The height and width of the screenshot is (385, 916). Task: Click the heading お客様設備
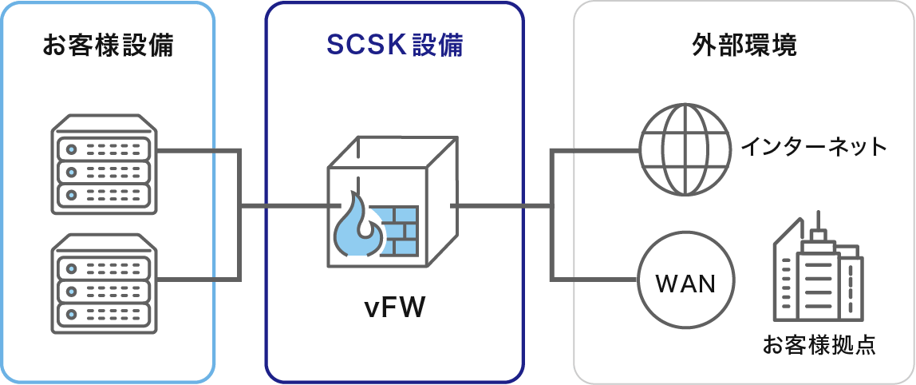pos(108,46)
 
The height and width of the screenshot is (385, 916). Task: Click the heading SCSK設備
pos(394,46)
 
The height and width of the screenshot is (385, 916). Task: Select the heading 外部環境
pos(744,46)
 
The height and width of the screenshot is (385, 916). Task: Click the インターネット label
pos(814,148)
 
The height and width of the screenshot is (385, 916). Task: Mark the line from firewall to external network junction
pos(501,206)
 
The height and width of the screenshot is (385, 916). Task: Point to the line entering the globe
pos(598,149)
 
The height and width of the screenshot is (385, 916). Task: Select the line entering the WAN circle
pos(598,280)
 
